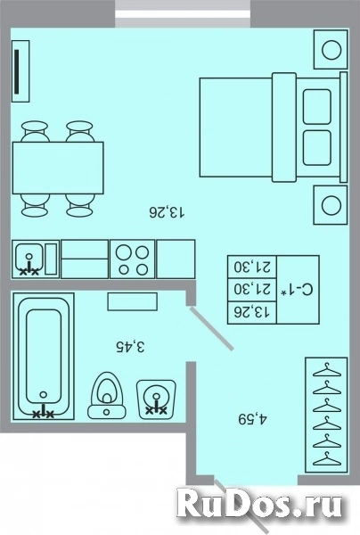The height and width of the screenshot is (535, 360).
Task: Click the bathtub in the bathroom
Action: (44, 356)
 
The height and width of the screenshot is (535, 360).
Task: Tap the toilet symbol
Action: (107, 395)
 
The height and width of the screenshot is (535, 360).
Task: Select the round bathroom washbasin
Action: (156, 399)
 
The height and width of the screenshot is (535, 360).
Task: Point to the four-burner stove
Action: (132, 259)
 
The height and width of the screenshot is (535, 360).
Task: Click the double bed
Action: (274, 127)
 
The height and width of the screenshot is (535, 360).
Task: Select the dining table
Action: (58, 169)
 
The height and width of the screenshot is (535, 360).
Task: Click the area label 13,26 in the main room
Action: (167, 212)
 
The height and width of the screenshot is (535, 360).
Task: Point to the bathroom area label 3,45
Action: (130, 346)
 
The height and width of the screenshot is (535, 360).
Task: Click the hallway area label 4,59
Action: (252, 419)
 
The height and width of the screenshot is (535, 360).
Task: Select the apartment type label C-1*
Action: (296, 290)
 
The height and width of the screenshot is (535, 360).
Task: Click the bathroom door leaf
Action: (211, 328)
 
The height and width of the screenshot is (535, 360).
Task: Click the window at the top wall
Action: (183, 13)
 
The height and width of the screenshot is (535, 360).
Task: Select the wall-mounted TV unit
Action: (20, 71)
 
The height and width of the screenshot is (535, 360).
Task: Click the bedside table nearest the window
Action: (331, 50)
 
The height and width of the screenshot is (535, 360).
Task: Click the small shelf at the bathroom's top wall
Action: (132, 301)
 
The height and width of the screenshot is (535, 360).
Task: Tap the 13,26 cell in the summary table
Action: (251, 311)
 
